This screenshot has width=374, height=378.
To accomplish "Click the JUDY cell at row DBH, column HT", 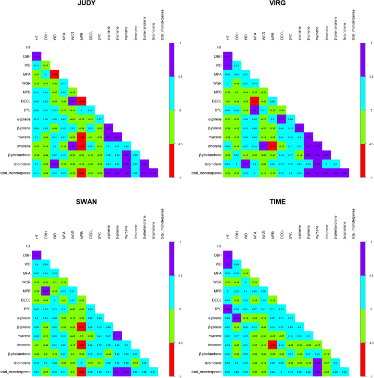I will point(37,56).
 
